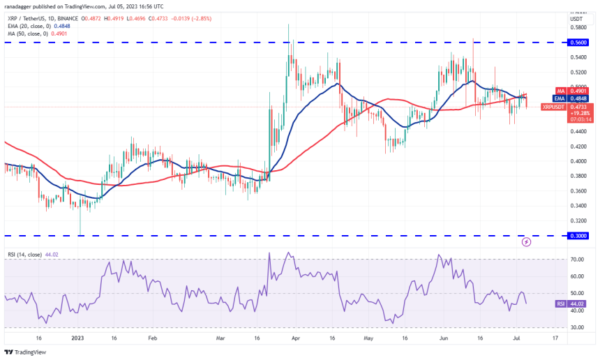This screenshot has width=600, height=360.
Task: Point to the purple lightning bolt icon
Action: (526, 242)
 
